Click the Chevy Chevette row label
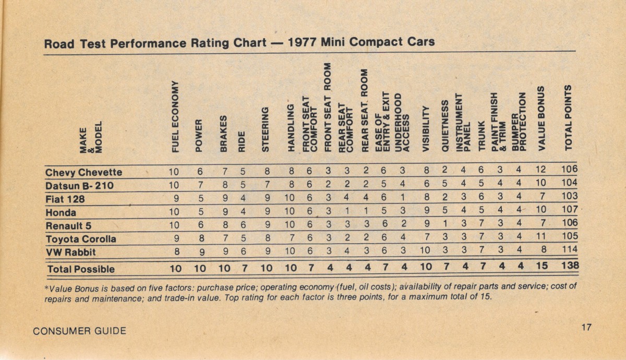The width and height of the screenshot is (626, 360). click(83, 172)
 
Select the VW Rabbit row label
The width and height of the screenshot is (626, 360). click(71, 253)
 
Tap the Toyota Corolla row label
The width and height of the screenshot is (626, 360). click(81, 239)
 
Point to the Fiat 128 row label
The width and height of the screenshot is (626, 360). click(65, 199)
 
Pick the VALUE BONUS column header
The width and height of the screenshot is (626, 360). click(541, 118)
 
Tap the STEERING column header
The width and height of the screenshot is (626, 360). click(265, 129)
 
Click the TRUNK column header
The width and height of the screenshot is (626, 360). click(481, 137)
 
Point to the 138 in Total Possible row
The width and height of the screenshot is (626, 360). click(569, 267)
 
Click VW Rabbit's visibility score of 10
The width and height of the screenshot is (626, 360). click(425, 251)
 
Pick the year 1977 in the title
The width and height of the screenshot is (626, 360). click(303, 42)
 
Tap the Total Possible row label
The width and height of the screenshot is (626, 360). click(81, 269)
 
